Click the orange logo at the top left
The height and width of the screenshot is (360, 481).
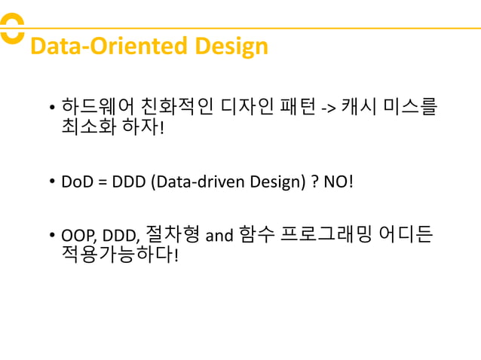click(x=11, y=29)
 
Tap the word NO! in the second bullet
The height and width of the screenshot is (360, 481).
click(x=337, y=182)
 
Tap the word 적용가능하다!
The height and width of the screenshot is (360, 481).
click(x=120, y=257)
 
